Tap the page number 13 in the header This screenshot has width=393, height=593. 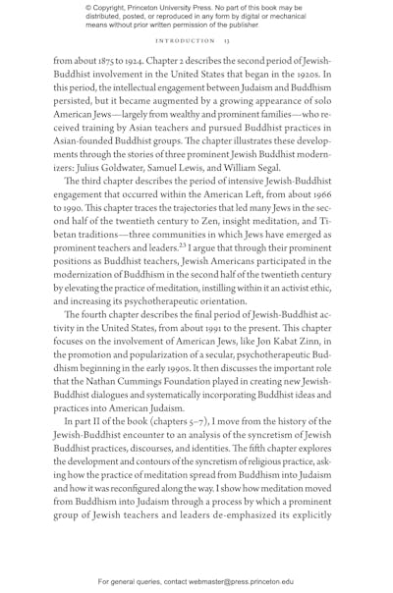tap(225, 41)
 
